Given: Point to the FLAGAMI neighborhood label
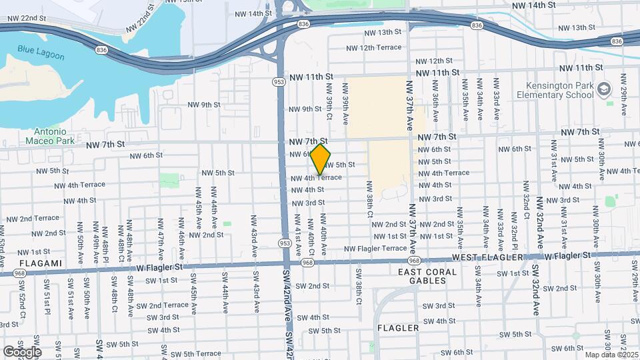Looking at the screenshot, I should [x=32, y=263].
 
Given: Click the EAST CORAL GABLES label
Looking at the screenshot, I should [x=427, y=277].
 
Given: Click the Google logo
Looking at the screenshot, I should [x=22, y=351].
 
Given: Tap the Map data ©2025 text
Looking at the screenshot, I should [x=611, y=355].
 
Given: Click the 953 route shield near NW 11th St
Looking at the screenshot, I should [x=278, y=82].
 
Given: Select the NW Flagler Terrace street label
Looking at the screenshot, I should [x=375, y=249].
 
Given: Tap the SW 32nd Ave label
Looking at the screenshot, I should [x=536, y=290].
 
